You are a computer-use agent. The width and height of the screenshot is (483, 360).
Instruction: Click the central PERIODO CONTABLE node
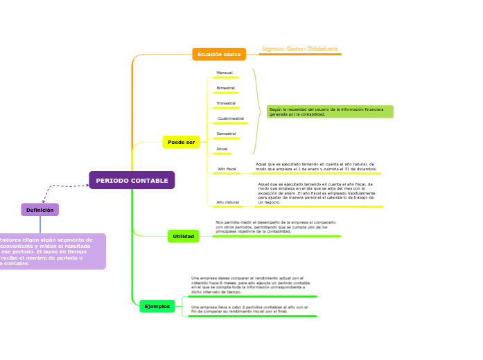point(132,181)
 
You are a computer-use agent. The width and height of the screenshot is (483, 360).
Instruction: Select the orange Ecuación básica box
point(219,54)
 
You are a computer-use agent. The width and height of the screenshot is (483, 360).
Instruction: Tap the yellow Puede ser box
point(181,142)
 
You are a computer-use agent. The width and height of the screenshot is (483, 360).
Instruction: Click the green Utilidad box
point(183,236)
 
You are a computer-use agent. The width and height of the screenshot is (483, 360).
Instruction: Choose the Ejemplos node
point(157,306)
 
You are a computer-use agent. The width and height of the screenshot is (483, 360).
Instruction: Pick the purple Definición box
point(39,210)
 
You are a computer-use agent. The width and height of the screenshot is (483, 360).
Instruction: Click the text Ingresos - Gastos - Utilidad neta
point(299,49)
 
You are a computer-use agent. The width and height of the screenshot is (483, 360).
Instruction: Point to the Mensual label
point(225,73)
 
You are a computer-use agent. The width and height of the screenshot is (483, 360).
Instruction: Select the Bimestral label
point(225,88)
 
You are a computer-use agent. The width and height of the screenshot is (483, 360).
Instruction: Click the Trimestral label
point(226,103)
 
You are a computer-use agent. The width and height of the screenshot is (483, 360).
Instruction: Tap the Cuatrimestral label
point(231,118)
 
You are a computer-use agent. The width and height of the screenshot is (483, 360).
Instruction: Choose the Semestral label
point(226,134)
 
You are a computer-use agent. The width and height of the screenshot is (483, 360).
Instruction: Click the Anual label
point(222,149)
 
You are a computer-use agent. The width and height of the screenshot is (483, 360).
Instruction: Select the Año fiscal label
point(227,169)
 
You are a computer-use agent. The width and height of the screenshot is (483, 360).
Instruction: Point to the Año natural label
point(227,202)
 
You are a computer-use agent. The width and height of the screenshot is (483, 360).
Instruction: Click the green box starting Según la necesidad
point(330,111)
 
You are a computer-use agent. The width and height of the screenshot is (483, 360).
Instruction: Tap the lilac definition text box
point(52,251)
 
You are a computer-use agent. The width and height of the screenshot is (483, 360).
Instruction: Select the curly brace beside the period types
point(257,111)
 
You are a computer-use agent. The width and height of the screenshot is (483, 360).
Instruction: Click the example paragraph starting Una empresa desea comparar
point(250,285)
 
